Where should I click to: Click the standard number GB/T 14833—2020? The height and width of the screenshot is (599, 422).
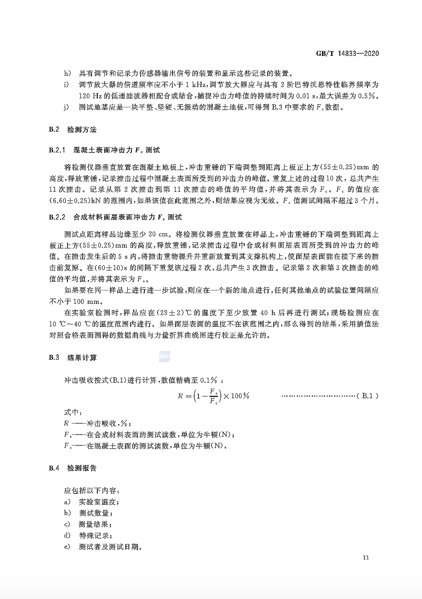(x=347, y=54)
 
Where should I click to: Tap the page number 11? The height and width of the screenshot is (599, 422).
(x=366, y=557)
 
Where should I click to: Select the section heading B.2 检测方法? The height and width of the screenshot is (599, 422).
(x=73, y=129)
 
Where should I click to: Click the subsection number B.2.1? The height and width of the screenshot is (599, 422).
(x=57, y=150)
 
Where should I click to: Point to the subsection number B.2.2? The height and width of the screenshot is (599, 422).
(x=57, y=217)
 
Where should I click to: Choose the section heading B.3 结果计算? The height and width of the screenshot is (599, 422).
(x=73, y=357)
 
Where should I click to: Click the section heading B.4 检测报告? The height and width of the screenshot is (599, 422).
(x=73, y=468)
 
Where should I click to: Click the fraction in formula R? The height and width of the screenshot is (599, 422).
(x=213, y=396)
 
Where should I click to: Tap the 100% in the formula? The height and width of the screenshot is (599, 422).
(x=240, y=396)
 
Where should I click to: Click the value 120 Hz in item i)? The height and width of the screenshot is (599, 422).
(x=89, y=96)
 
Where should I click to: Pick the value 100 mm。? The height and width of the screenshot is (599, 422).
(x=89, y=302)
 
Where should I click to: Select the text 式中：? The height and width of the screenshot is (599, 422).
(x=73, y=412)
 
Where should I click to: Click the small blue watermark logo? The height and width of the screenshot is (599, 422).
(x=164, y=357)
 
